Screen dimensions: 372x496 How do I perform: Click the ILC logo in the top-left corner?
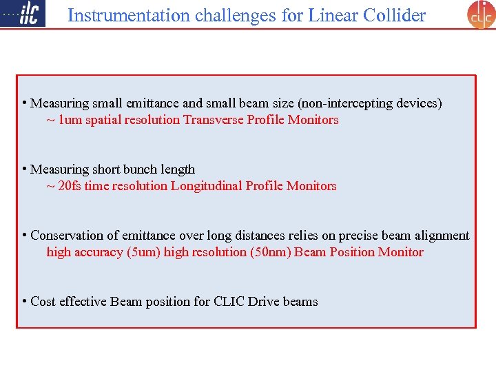click(x=23, y=14)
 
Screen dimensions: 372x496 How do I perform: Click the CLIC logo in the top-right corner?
click(x=481, y=14)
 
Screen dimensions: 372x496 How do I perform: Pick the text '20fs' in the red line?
click(x=70, y=186)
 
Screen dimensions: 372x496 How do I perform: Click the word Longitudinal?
click(x=205, y=186)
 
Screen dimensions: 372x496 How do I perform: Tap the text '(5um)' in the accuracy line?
click(x=143, y=252)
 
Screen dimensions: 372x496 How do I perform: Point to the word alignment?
click(x=442, y=236)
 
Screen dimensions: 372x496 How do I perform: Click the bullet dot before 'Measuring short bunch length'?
click(x=24, y=169)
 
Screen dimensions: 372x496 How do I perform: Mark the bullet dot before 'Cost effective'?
click(x=24, y=301)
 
